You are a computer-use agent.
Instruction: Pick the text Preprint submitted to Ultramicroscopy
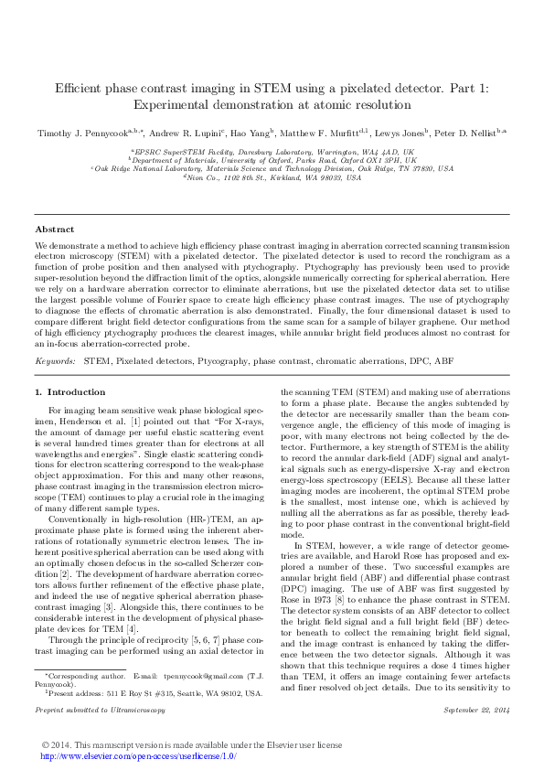(101, 683)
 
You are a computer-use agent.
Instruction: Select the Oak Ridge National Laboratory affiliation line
(272, 168)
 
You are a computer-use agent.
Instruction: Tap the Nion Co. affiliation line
(272, 177)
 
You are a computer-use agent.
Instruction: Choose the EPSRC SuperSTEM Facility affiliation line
(272, 151)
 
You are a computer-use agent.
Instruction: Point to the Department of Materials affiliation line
(272, 160)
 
